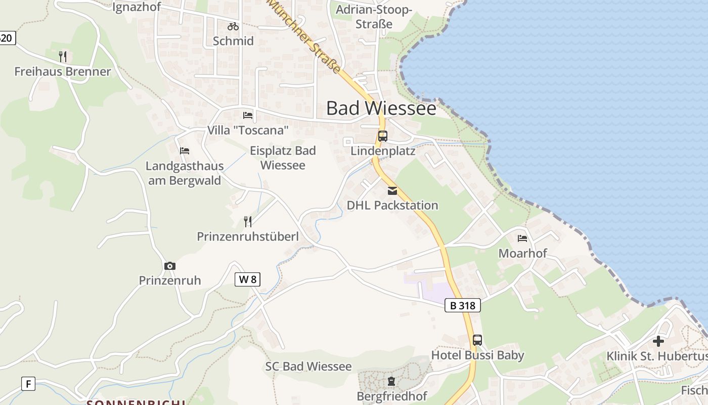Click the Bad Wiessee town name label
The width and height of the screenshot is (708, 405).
coord(381,108)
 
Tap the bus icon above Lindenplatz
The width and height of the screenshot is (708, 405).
coord(383,136)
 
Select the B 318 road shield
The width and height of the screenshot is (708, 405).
coord(463,305)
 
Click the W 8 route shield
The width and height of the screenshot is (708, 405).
coord(247,279)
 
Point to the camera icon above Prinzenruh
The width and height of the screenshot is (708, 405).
coord(170,266)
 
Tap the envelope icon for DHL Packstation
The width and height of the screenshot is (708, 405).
coord(392,191)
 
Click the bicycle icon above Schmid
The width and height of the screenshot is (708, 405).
coord(233,26)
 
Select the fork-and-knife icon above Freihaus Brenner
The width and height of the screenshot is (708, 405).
coord(63,57)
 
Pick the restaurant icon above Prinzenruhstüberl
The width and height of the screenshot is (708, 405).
coord(248,221)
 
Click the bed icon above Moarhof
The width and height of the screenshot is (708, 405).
coord(522,238)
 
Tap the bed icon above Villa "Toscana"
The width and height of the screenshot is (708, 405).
coord(248,115)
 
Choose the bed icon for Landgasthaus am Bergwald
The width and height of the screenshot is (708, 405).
coord(185,151)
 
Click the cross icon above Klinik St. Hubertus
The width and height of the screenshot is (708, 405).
coord(658,341)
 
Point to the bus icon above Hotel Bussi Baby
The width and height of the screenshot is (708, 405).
coord(477,340)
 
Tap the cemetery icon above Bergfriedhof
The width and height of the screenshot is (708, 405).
coord(391,381)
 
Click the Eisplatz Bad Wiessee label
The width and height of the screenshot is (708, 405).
coord(283,158)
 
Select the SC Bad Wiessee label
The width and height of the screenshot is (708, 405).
coord(308,367)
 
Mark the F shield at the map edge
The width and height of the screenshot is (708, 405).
coord(28,384)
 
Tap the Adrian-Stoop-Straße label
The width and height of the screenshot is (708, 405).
coord(374,17)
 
